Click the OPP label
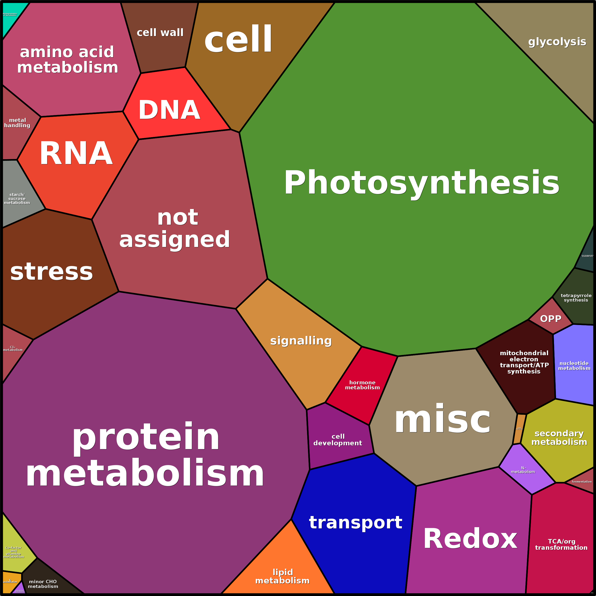click(x=551, y=319)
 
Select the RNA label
click(x=76, y=153)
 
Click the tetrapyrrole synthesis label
click(x=576, y=298)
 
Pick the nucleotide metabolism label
click(x=574, y=366)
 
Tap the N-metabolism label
click(x=523, y=470)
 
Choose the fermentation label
click(x=582, y=482)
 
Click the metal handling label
click(x=17, y=122)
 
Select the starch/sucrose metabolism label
click(x=17, y=198)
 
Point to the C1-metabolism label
click(x=13, y=348)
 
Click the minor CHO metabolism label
click(x=43, y=584)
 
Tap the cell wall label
click(x=160, y=33)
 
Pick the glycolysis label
click(x=557, y=42)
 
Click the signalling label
click(x=301, y=340)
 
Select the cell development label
click(x=338, y=440)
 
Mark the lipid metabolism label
click(x=282, y=576)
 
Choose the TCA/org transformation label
click(x=561, y=545)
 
